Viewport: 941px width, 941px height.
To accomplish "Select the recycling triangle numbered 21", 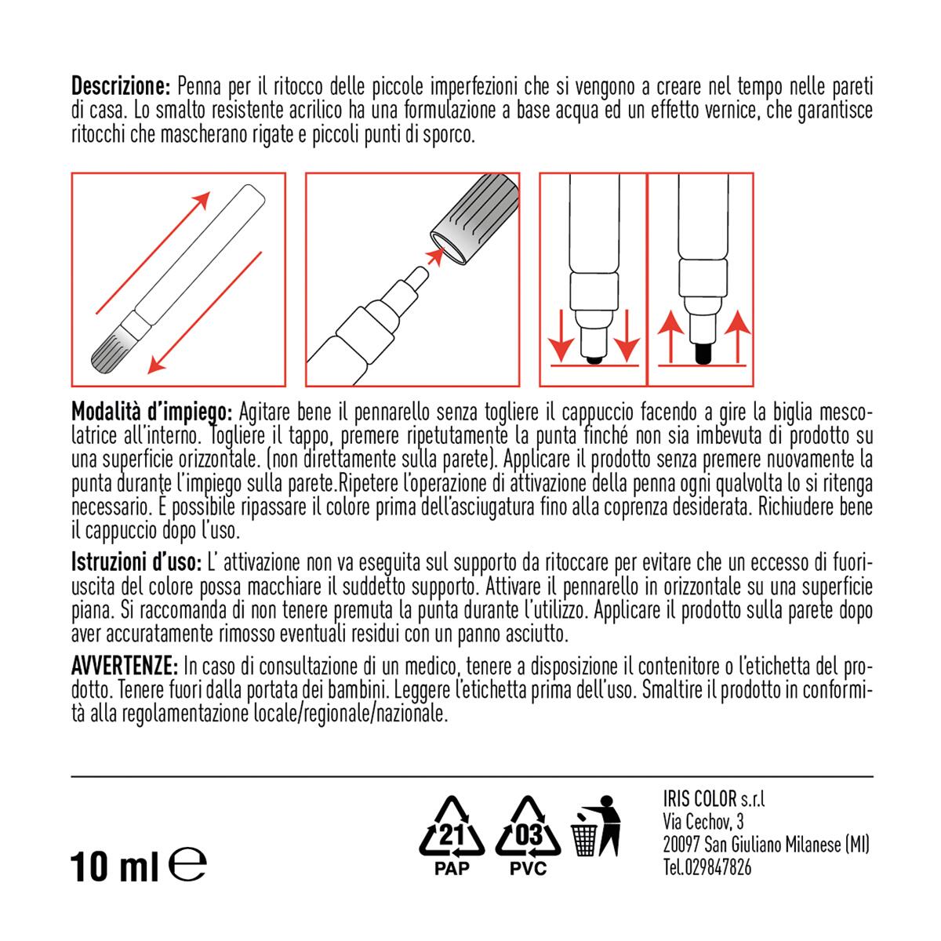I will point(452,831).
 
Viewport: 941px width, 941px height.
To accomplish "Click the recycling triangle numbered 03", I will point(528,831).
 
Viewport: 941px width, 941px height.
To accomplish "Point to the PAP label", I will point(452,869).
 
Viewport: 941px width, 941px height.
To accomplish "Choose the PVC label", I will point(528,869).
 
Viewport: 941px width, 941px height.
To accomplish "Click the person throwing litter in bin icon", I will point(598,830).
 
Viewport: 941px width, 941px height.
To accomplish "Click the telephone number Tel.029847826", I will point(707,868).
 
